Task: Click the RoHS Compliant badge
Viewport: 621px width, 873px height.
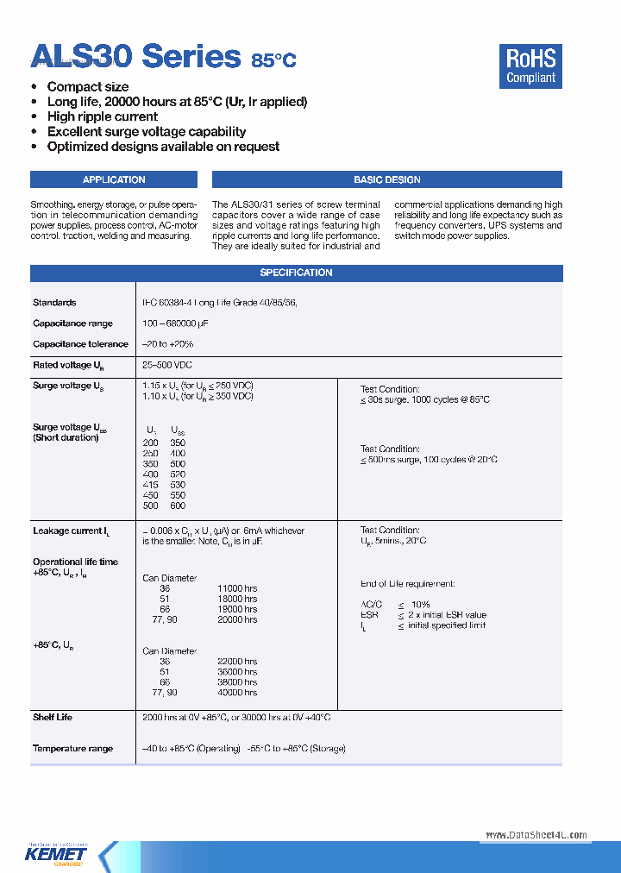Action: click(x=530, y=66)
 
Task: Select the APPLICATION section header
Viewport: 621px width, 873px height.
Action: click(x=114, y=179)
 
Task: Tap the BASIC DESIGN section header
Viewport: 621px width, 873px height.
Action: click(x=386, y=179)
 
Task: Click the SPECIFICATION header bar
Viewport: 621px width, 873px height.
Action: click(x=296, y=273)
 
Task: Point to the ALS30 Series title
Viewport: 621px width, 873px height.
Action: click(x=135, y=57)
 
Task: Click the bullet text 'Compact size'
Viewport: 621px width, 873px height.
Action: click(x=88, y=87)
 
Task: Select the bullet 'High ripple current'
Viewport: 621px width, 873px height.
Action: click(x=102, y=116)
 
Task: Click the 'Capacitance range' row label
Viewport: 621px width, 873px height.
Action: click(x=72, y=323)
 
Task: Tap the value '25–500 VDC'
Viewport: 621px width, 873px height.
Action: click(x=167, y=365)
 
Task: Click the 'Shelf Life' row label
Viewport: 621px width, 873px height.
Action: click(x=53, y=717)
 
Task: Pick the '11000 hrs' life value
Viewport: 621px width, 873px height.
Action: click(x=237, y=588)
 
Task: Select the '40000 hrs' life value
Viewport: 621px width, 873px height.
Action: click(x=237, y=693)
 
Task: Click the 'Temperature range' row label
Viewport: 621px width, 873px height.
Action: click(x=72, y=749)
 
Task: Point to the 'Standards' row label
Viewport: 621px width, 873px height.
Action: click(x=54, y=303)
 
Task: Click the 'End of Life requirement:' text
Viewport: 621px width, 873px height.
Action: click(x=407, y=584)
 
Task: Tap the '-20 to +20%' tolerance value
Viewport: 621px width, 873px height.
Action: click(x=168, y=344)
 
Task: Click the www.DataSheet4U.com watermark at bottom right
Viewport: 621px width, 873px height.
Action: click(x=536, y=835)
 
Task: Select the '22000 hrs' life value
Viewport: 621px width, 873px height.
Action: click(x=237, y=662)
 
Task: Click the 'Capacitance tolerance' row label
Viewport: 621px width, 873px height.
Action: click(x=80, y=344)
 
